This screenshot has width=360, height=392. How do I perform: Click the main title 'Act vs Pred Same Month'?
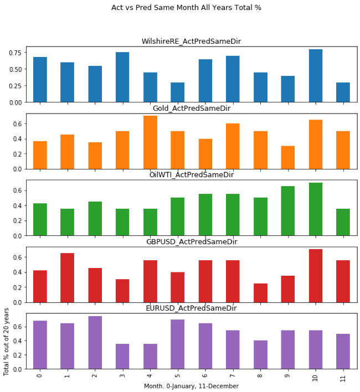click(186, 8)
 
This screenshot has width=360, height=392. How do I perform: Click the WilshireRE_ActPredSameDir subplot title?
click(191, 42)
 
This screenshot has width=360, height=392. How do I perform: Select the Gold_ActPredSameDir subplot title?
click(191, 109)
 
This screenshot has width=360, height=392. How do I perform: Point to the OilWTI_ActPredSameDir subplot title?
click(191, 175)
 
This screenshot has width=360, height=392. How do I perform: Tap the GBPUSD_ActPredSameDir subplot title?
click(191, 242)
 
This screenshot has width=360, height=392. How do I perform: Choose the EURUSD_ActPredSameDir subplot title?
click(191, 308)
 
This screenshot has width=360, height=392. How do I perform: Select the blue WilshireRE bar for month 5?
click(178, 92)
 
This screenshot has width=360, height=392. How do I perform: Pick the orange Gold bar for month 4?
click(150, 142)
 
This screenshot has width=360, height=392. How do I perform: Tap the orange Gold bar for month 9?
click(288, 157)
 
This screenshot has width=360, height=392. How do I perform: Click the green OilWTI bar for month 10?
click(316, 209)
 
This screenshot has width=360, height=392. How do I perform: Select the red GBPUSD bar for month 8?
click(260, 293)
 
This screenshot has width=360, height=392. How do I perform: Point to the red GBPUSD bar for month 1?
click(68, 277)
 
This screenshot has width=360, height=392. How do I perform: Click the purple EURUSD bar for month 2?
click(95, 342)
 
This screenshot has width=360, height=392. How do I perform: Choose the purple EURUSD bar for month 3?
click(122, 357)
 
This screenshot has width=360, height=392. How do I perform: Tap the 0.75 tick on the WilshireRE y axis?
click(15, 53)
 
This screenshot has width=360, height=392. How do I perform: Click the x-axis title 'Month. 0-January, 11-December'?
click(191, 386)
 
